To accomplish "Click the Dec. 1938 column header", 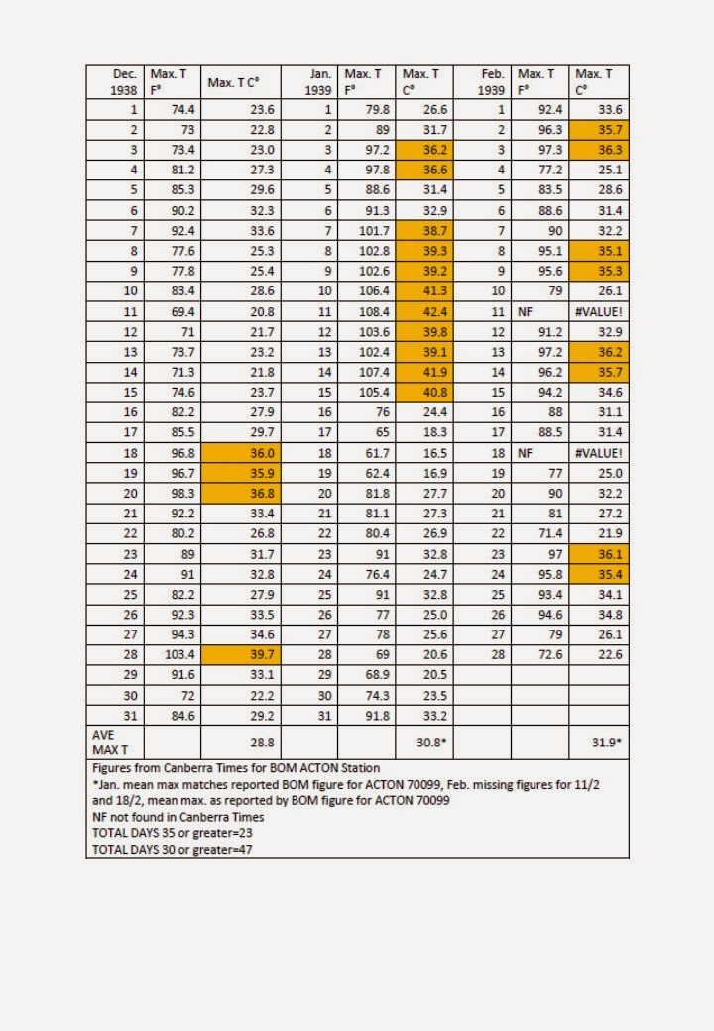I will click(x=116, y=81).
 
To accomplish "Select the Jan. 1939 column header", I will click(x=310, y=81).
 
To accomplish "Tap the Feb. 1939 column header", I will click(x=484, y=81).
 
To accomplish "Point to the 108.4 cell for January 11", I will click(x=367, y=309).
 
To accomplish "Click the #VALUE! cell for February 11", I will click(x=600, y=309).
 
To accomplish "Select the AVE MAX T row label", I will click(x=116, y=741).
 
